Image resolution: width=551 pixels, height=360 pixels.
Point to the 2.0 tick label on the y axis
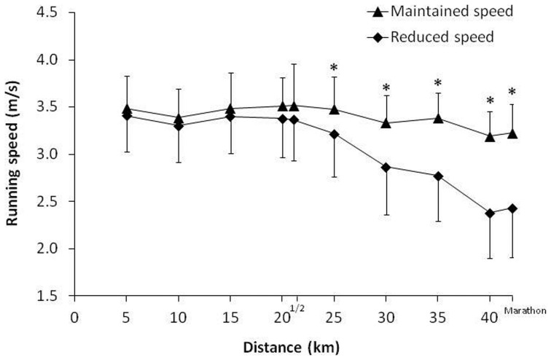click(x=48, y=249)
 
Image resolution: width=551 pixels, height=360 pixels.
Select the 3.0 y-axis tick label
click(x=48, y=154)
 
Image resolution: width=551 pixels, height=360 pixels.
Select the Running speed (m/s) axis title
click(x=13, y=154)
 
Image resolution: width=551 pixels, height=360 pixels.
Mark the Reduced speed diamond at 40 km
click(x=490, y=214)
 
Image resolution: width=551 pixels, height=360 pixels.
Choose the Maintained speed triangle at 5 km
click(x=127, y=109)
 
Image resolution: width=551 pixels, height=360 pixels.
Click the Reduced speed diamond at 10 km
click(x=179, y=125)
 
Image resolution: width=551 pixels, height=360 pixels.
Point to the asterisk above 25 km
click(x=334, y=69)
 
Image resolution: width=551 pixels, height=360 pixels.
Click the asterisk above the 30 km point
click(x=386, y=89)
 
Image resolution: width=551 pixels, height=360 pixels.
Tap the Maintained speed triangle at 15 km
click(x=230, y=109)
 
